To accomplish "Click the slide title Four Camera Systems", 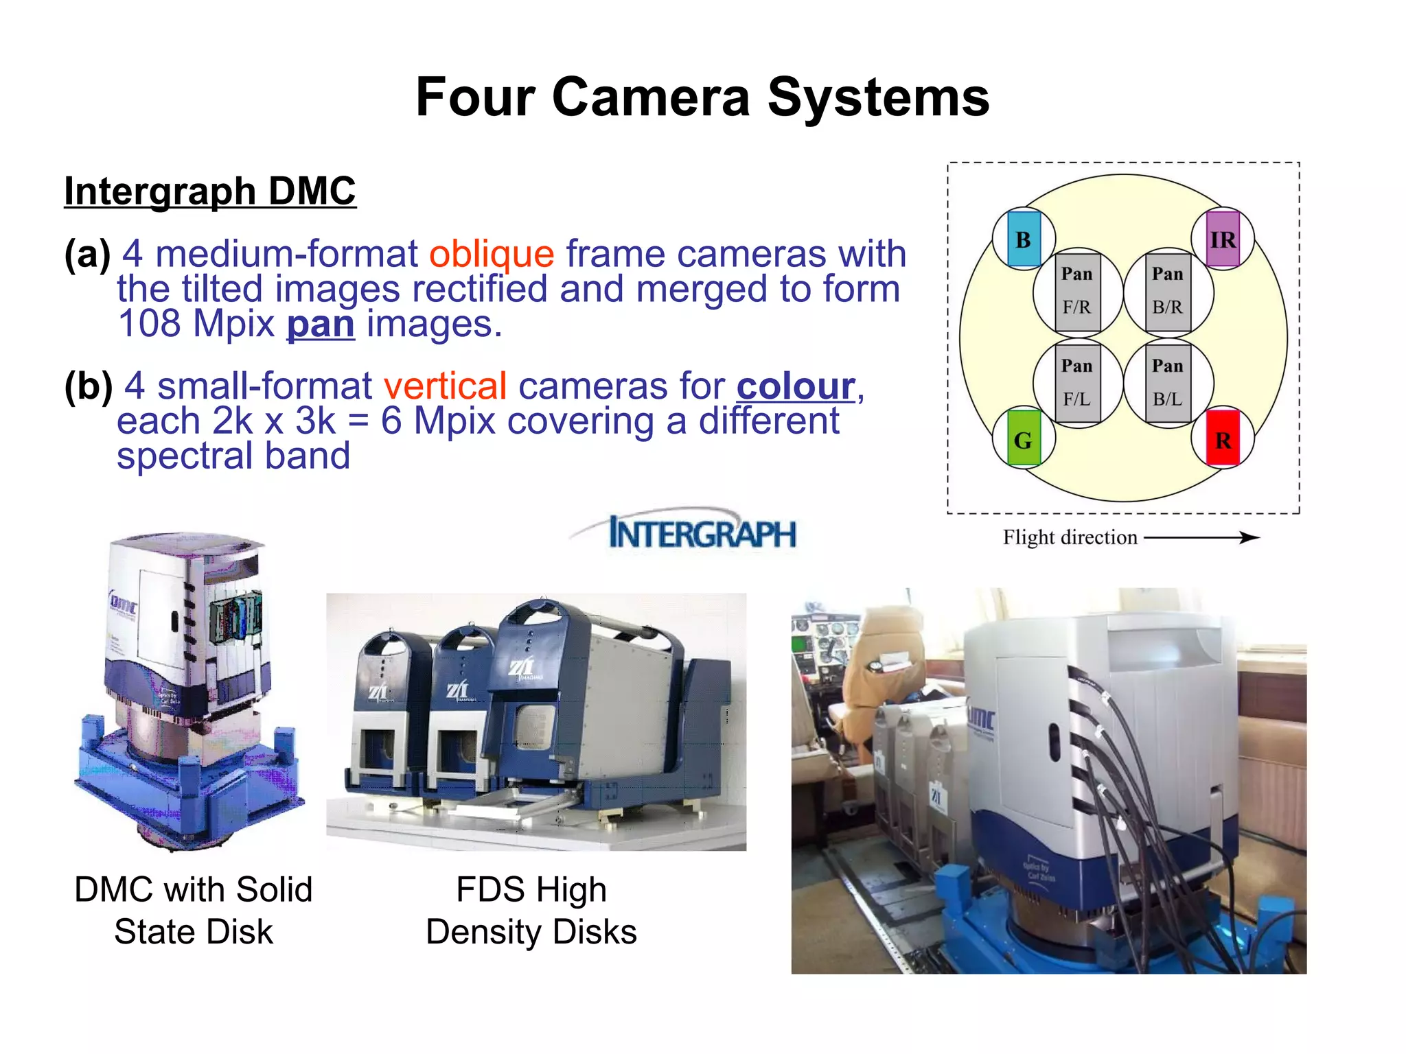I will pos(702,97).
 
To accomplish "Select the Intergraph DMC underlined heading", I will pos(210,191).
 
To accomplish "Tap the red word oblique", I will pos(492,254).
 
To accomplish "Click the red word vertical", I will pos(445,386).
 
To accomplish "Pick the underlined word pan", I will pos(321,324).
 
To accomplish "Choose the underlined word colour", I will pos(796,386).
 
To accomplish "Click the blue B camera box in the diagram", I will pos(1023,239).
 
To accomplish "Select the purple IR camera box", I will pos(1223,239).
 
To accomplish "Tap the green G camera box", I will pos(1023,439).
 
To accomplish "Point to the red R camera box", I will pos(1223,439).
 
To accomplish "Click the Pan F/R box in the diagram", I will pos(1077,292).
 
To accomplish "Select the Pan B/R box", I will pos(1168,292).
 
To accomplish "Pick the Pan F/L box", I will pos(1077,383).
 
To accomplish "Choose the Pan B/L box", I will pos(1168,383).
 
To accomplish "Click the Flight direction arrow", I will pos(1201,538).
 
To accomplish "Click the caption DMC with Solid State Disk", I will pos(194,910).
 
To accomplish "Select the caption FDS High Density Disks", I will pos(531,910).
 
